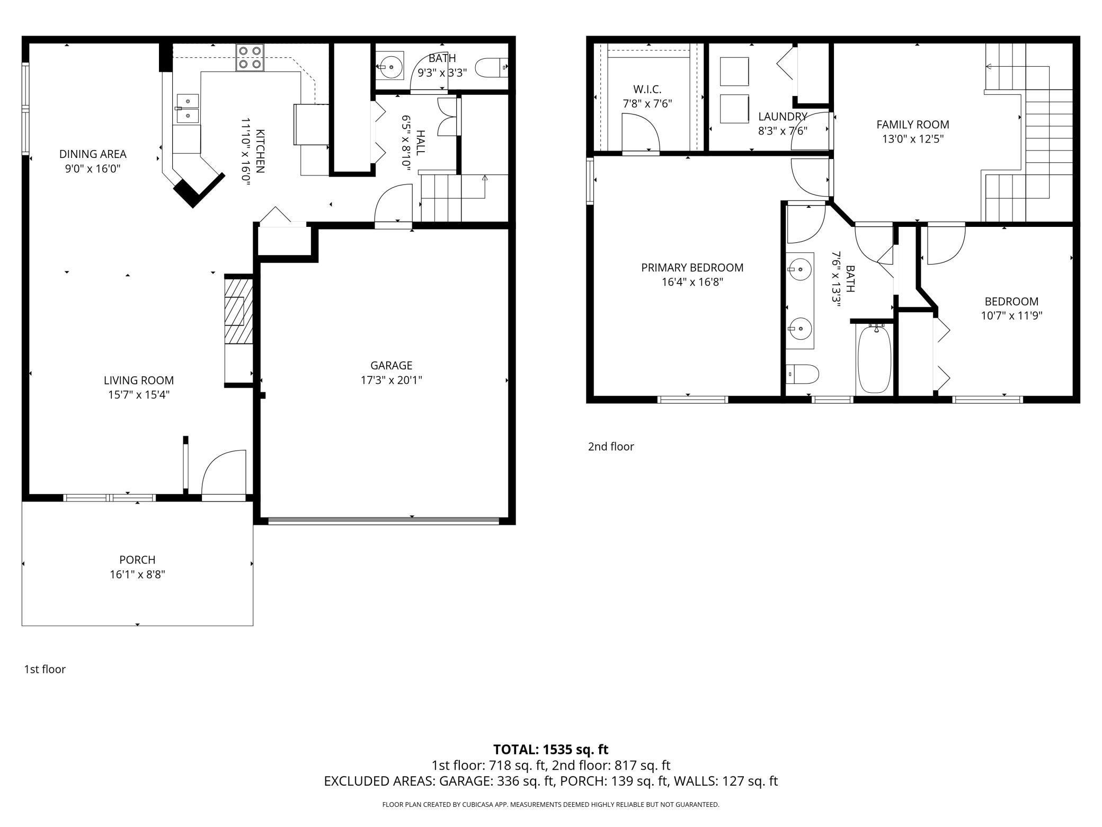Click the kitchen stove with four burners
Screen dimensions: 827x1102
tap(250, 57)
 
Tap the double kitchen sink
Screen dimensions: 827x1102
tap(187, 108)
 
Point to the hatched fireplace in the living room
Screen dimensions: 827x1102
tap(238, 311)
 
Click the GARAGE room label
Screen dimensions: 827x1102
tap(391, 365)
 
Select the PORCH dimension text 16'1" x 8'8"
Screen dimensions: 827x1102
tap(138, 574)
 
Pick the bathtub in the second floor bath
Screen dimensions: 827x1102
tap(874, 359)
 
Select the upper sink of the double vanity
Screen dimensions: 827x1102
tap(799, 269)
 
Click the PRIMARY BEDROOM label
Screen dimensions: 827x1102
tap(692, 268)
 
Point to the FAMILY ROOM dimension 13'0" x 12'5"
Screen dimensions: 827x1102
tap(912, 139)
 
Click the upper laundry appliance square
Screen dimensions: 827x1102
tap(734, 72)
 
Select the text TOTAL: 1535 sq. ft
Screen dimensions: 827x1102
tap(550, 749)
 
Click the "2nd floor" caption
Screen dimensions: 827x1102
tap(611, 446)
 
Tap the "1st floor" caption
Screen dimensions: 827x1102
tap(45, 669)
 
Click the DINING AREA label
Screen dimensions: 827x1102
tap(93, 154)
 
